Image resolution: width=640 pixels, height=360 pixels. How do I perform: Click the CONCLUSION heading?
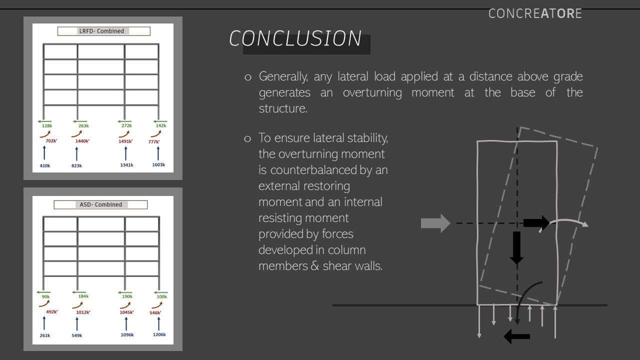(x=295, y=39)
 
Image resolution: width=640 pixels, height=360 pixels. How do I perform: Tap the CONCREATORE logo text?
(x=535, y=13)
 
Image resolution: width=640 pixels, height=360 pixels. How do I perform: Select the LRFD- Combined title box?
(x=103, y=31)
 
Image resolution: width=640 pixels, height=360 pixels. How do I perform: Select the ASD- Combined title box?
(x=101, y=204)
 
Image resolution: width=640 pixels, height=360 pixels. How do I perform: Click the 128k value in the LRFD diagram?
(x=47, y=126)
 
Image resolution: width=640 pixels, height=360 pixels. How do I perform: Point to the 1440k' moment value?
(x=82, y=141)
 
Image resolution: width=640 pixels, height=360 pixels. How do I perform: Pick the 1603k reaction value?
(x=158, y=165)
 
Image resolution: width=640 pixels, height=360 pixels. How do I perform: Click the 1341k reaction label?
(x=126, y=165)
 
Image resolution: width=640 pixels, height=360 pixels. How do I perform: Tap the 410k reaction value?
(x=45, y=165)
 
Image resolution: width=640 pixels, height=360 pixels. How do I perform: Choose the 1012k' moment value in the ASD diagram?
(x=83, y=312)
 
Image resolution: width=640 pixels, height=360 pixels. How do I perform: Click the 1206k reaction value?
(x=159, y=335)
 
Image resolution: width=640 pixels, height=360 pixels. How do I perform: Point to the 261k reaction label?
(x=45, y=335)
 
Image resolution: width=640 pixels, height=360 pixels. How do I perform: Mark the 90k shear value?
(x=45, y=297)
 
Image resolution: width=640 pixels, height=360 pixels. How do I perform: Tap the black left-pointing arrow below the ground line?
(x=516, y=336)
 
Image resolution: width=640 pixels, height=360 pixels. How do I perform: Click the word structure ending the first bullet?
(x=282, y=108)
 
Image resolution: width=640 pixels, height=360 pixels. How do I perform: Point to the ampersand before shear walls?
(x=314, y=266)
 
